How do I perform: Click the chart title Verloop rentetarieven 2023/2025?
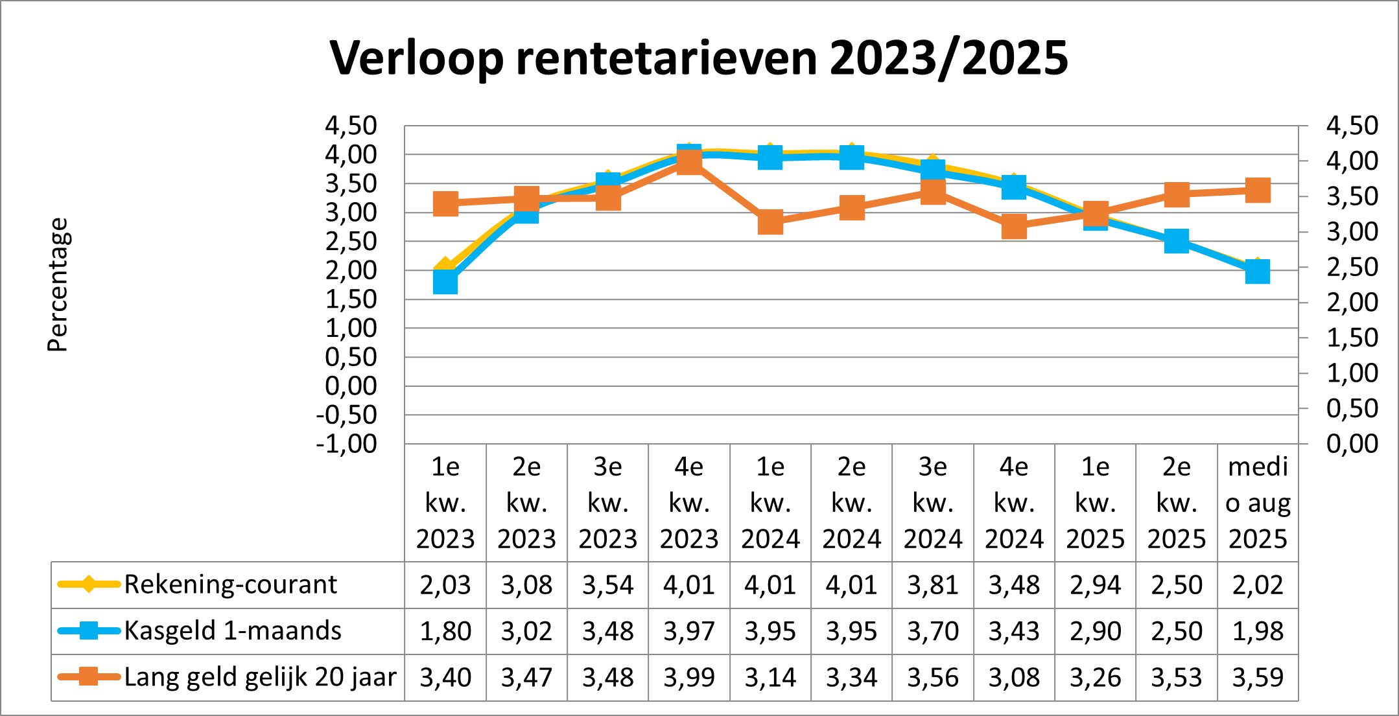tap(699, 58)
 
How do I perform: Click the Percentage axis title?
tap(58, 285)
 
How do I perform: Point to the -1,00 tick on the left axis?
tap(347, 444)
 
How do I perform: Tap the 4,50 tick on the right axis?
tap(1352, 125)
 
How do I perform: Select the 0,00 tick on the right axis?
tap(1352, 444)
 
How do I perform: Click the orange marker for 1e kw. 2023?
tap(445, 203)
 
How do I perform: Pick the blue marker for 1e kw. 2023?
tap(445, 282)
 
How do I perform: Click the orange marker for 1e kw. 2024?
tap(770, 222)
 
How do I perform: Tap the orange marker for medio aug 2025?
tap(1258, 191)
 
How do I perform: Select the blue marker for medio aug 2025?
tap(1258, 271)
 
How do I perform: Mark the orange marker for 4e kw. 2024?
tap(1014, 227)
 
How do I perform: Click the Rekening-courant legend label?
tap(230, 584)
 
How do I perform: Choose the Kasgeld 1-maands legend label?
tap(233, 630)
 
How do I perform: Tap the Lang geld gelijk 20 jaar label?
tap(260, 677)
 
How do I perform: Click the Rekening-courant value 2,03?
tap(445, 585)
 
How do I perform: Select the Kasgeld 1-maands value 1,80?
tap(445, 631)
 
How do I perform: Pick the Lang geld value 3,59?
tap(1258, 678)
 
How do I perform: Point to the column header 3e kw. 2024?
tap(933, 503)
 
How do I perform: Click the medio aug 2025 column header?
tap(1258, 503)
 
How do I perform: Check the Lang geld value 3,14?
tap(770, 678)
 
